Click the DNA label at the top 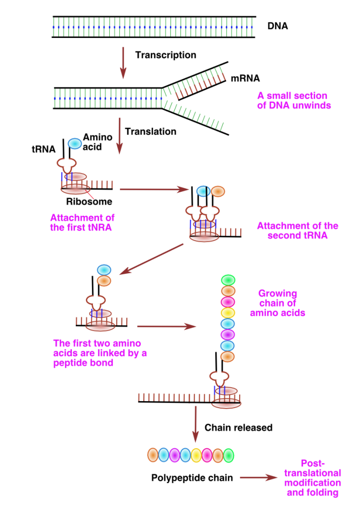pyautogui.click(x=278, y=25)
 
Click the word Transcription pyautogui.click(x=165, y=54)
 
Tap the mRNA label pyautogui.click(x=245, y=78)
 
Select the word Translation pyautogui.click(x=150, y=132)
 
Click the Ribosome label pyautogui.click(x=89, y=202)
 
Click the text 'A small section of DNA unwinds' pyautogui.click(x=293, y=100)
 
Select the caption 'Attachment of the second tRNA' pyautogui.click(x=298, y=230)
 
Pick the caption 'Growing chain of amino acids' pyautogui.click(x=278, y=303)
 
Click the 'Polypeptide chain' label pyautogui.click(x=192, y=478)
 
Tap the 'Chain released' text pyautogui.click(x=239, y=428)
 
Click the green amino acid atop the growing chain pyautogui.click(x=228, y=280)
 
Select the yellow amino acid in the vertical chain pyautogui.click(x=228, y=313)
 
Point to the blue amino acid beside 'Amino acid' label pyautogui.click(x=74, y=143)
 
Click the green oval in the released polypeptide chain pyautogui.click(x=228, y=455)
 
